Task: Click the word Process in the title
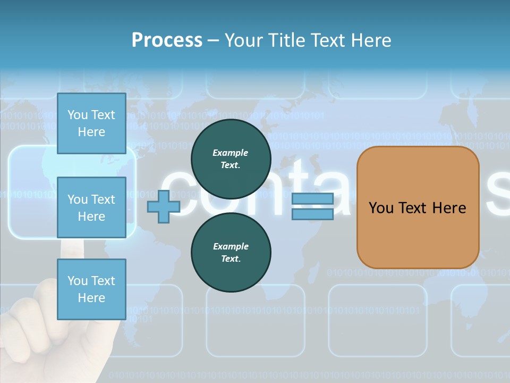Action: click(167, 40)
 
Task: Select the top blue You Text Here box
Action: click(91, 123)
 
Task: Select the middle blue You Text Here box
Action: click(91, 207)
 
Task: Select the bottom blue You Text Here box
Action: click(91, 289)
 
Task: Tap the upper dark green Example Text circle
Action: click(231, 159)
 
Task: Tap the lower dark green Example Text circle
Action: click(231, 253)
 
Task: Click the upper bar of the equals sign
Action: click(312, 199)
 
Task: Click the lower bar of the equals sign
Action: click(312, 214)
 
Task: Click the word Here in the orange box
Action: click(449, 208)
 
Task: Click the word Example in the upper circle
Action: click(231, 153)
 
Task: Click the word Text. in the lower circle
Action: click(231, 259)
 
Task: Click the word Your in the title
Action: click(242, 40)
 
